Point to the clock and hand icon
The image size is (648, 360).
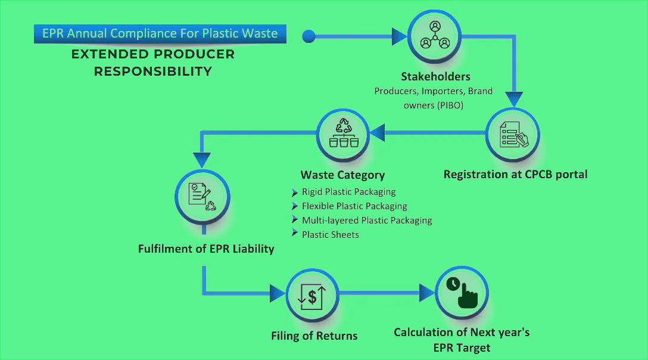pyautogui.click(x=462, y=293)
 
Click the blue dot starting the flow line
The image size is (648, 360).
pyautogui.click(x=309, y=36)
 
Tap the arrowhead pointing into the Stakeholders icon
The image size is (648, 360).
pyautogui.click(x=399, y=36)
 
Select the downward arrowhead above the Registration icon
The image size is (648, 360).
pyautogui.click(x=514, y=98)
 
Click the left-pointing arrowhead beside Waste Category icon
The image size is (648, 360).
pyautogui.click(x=378, y=132)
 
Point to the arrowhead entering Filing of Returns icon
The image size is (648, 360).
pyautogui.click(x=278, y=293)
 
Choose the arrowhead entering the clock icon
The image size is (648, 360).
pyautogui.click(x=427, y=293)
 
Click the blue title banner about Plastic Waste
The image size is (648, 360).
pyautogui.click(x=160, y=33)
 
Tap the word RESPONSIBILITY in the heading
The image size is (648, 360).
pyautogui.click(x=153, y=72)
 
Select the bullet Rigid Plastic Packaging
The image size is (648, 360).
pyautogui.click(x=348, y=192)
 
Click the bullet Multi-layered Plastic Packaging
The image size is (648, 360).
pyautogui.click(x=366, y=220)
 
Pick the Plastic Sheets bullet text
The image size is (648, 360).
pyautogui.click(x=330, y=234)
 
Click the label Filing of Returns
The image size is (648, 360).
pyautogui.click(x=314, y=336)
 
